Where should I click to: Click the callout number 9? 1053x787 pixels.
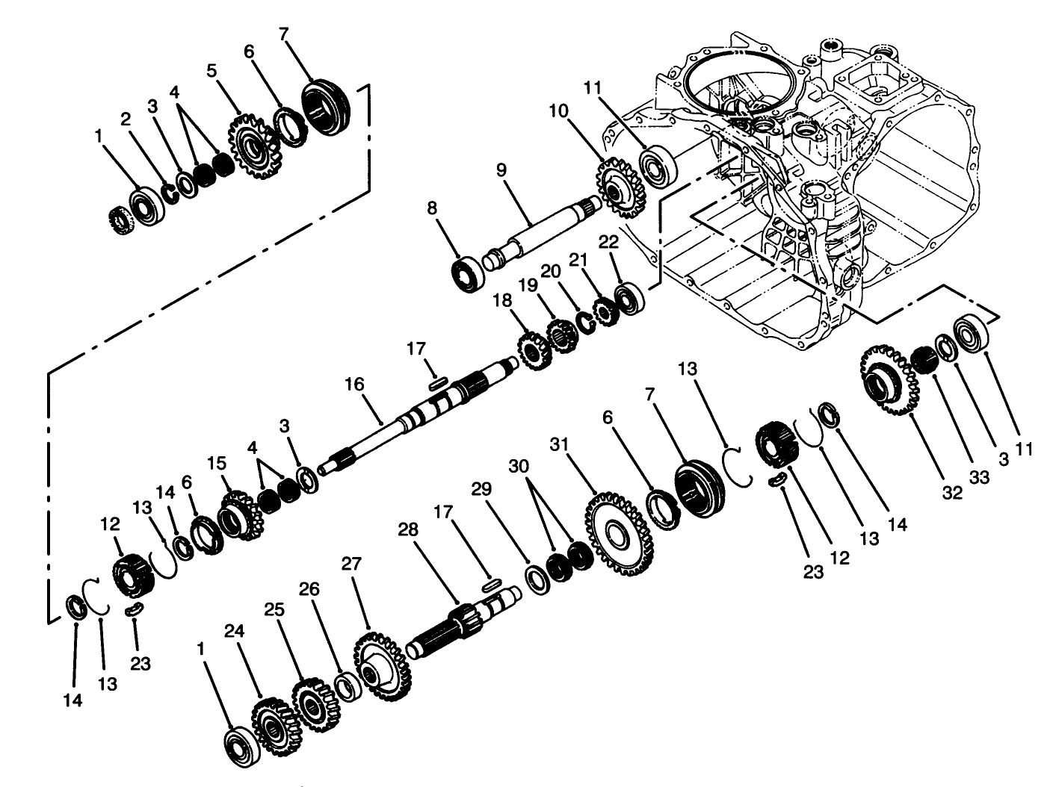501,169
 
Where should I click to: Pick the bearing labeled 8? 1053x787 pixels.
469,273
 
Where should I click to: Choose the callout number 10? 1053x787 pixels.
578,111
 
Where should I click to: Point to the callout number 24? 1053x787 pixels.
232,632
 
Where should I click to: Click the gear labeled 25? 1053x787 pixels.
314,704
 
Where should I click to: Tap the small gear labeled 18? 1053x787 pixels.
532,350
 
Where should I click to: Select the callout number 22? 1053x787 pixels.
609,243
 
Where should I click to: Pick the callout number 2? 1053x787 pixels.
126,119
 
